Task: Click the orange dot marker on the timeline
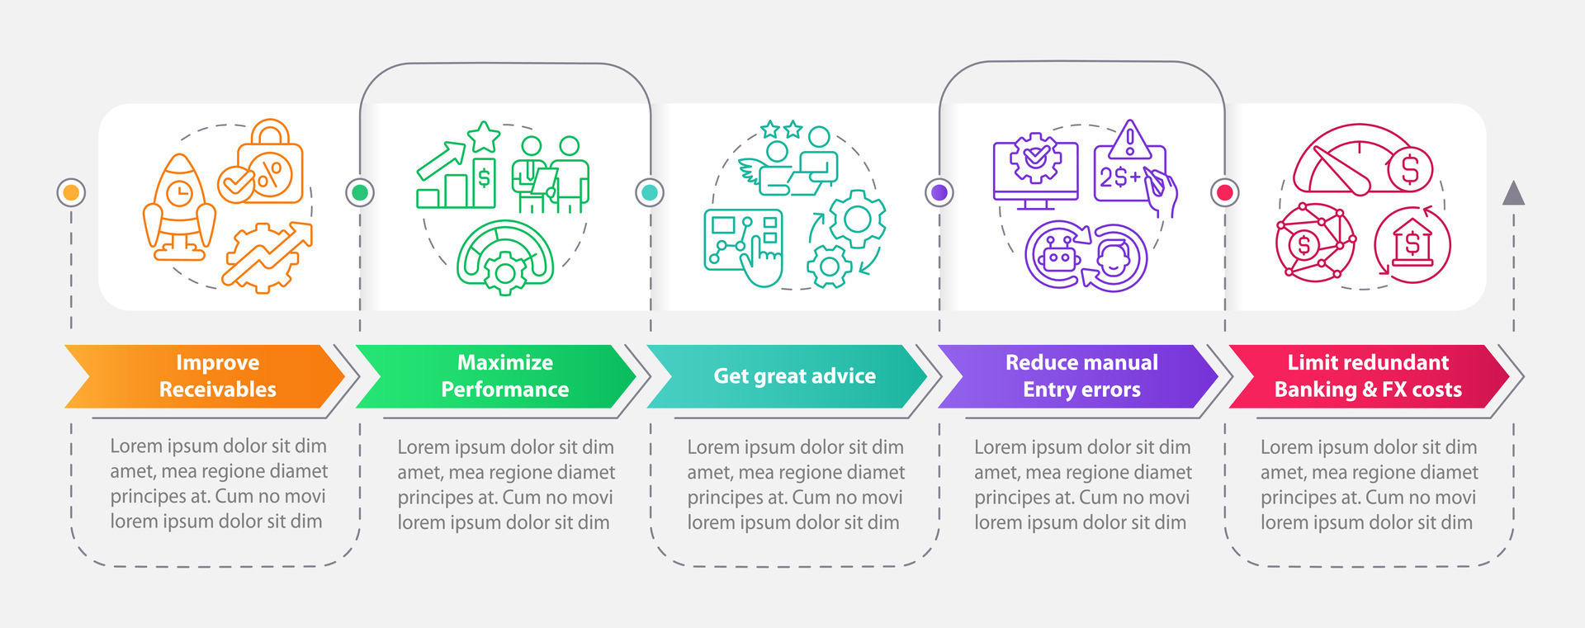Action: (71, 192)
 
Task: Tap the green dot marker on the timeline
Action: (359, 192)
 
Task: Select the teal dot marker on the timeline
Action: (650, 192)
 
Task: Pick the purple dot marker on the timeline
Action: (939, 192)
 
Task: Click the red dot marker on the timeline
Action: (1225, 192)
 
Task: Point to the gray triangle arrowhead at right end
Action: (1513, 193)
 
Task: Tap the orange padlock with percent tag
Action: (270, 163)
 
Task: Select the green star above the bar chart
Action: (484, 137)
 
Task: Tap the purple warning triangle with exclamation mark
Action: (1129, 140)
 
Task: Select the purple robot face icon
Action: (1057, 257)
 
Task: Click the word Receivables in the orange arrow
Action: (217, 390)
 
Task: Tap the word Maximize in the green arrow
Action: (504, 362)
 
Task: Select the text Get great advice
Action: (794, 376)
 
